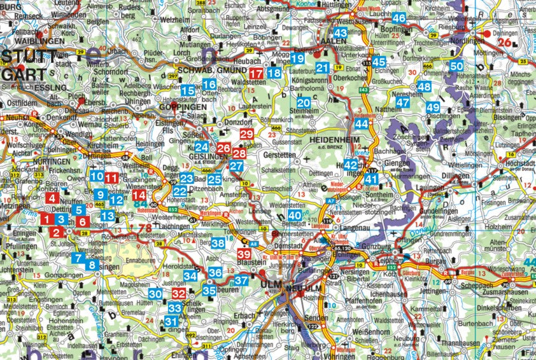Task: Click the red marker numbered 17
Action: tap(256, 74)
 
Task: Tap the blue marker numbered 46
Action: tap(399, 18)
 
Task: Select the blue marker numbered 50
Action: tap(456, 66)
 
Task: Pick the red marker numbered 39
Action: tap(244, 254)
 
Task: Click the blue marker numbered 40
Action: tap(294, 216)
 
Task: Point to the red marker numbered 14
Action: tap(139, 195)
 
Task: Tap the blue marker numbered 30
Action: tap(155, 294)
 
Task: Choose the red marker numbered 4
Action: tap(52, 198)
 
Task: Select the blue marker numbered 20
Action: tap(304, 103)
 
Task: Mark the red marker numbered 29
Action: tap(247, 134)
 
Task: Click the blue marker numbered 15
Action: tap(187, 91)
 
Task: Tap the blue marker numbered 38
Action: tap(218, 243)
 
